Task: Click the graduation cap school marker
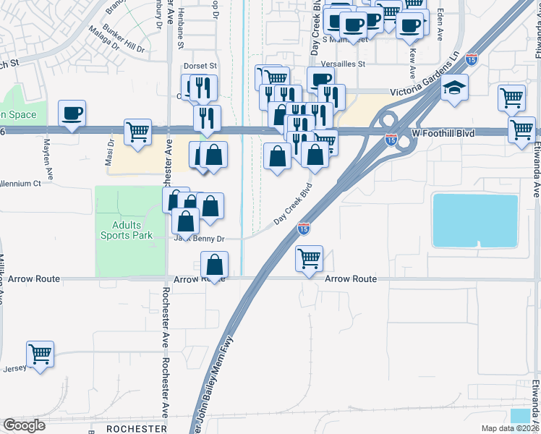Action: coord(455,88)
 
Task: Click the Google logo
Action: coord(23,425)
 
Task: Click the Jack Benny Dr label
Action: coord(200,238)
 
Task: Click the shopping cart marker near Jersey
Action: coord(41,354)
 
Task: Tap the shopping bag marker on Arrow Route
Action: coord(215,265)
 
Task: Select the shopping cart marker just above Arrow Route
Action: coord(310,258)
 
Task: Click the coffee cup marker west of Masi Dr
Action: coord(72,114)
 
